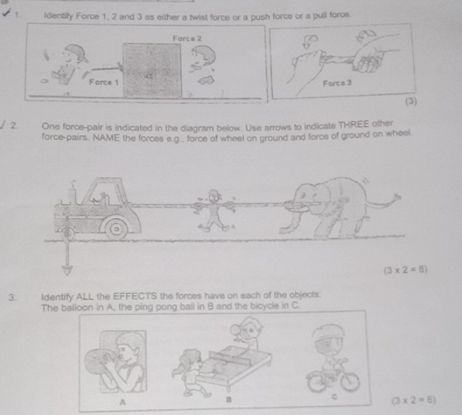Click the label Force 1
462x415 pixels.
point(104,82)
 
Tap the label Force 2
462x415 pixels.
point(187,38)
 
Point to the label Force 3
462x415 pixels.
point(337,83)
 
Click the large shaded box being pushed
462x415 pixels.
point(152,70)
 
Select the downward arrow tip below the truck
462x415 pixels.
point(67,274)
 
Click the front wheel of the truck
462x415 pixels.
point(116,229)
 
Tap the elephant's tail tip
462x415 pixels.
point(397,197)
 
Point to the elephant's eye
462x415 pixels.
point(302,196)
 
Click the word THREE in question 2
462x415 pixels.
point(353,125)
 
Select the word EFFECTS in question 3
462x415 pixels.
point(135,296)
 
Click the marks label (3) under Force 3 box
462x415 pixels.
point(410,102)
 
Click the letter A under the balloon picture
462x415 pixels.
point(122,402)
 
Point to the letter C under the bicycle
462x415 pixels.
point(334,396)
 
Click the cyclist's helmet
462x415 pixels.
point(328,332)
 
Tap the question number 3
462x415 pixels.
point(12,297)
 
